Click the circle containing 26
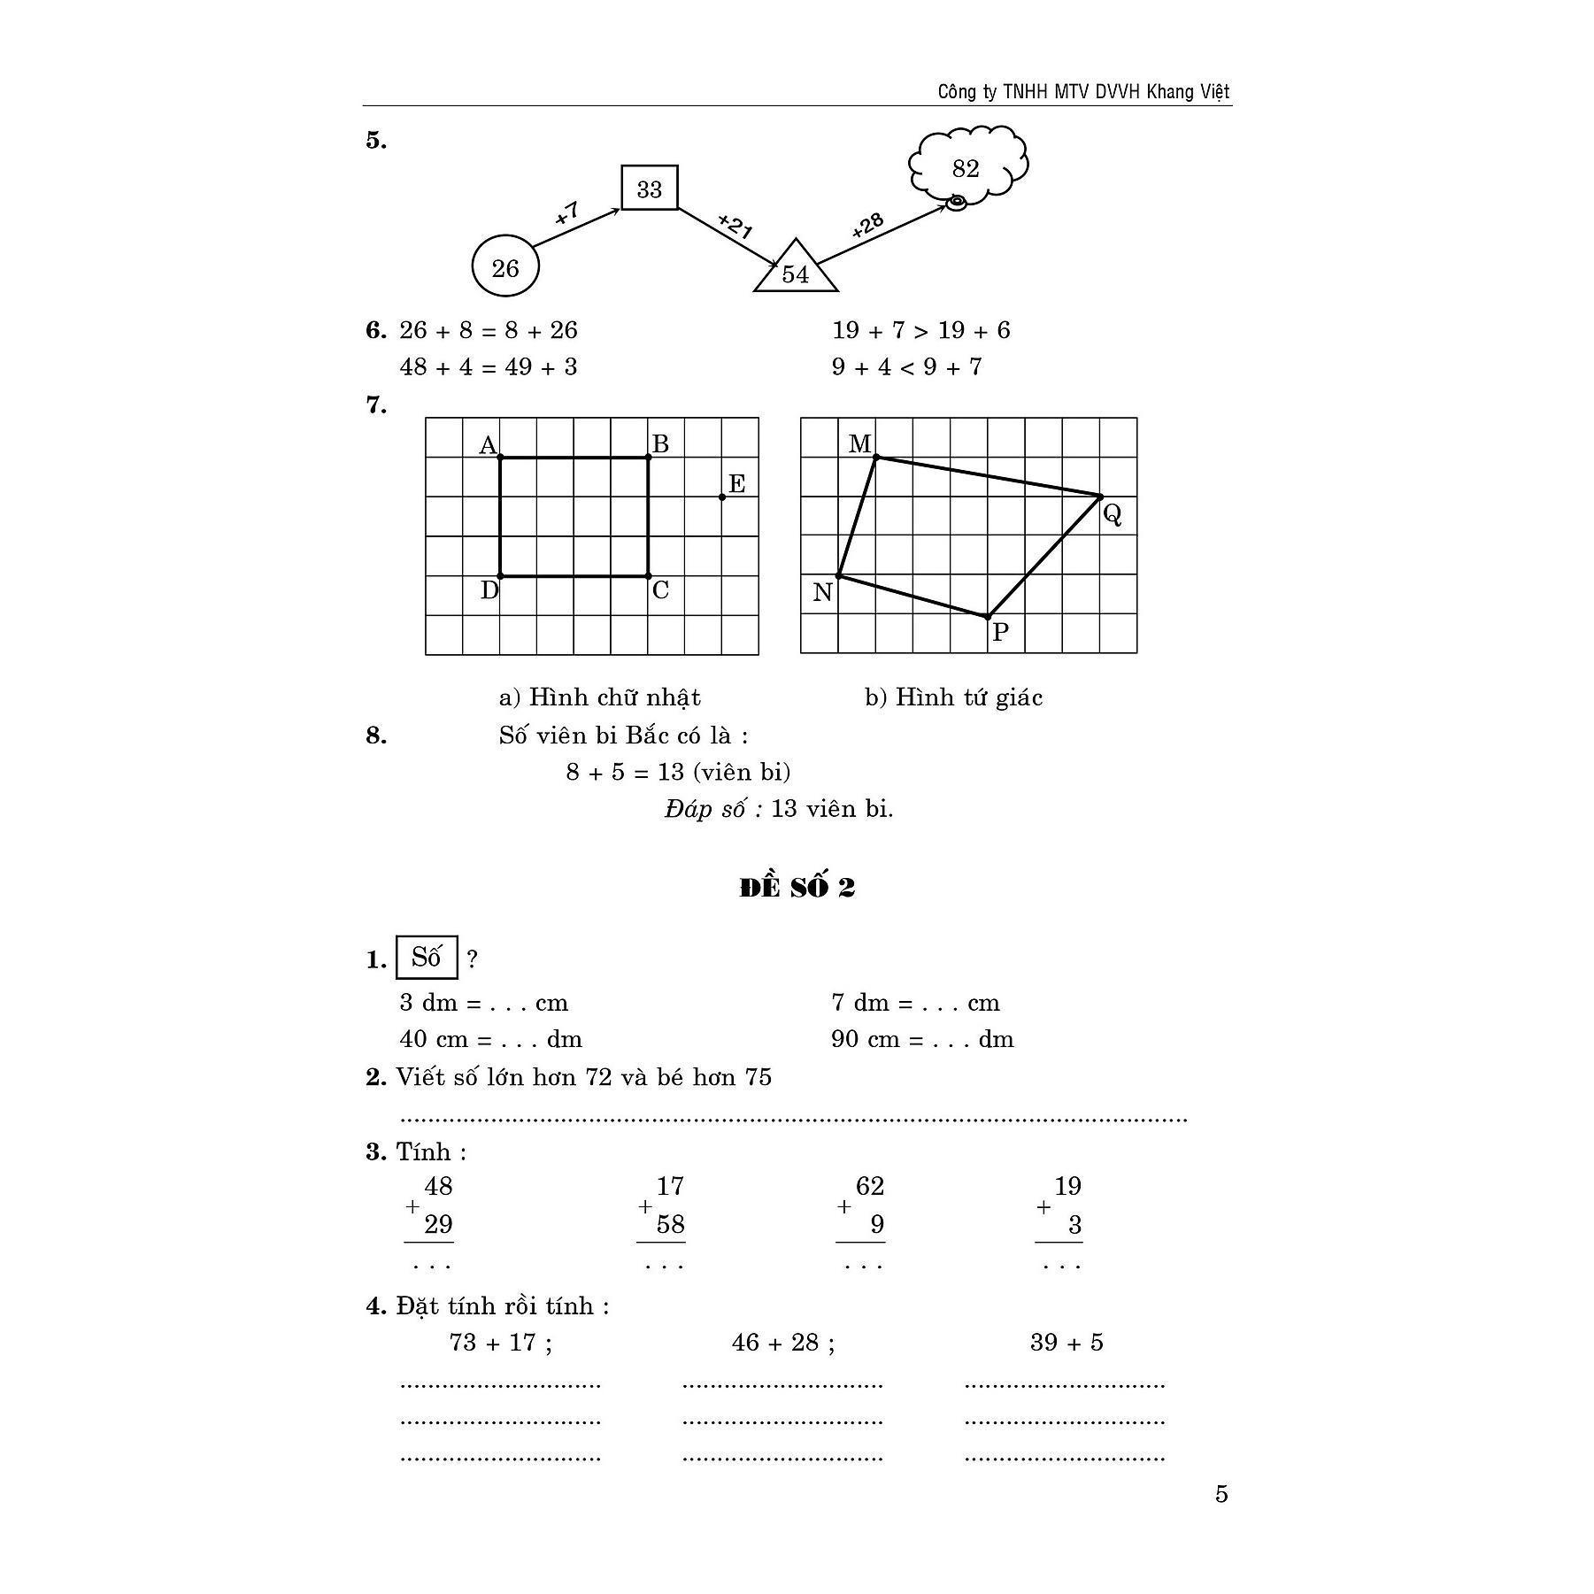(x=504, y=266)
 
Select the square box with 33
(x=650, y=188)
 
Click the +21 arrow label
(x=735, y=226)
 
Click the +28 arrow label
(x=867, y=226)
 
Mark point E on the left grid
(x=723, y=497)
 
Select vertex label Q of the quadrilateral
(x=1113, y=513)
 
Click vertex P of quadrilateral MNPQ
(x=988, y=617)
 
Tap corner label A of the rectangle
(x=487, y=444)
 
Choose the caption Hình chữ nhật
(x=614, y=697)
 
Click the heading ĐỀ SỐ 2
(x=797, y=888)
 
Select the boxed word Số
(x=427, y=958)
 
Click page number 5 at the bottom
(x=1221, y=1494)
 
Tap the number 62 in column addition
(x=870, y=1186)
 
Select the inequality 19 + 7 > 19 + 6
(x=920, y=330)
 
